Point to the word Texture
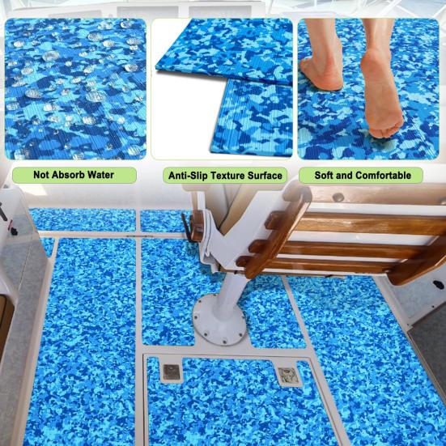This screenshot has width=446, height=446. coord(229,176)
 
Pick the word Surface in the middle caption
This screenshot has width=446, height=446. coord(265,176)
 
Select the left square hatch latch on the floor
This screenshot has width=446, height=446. coord(171,372)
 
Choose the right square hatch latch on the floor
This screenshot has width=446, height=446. coord(284,376)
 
